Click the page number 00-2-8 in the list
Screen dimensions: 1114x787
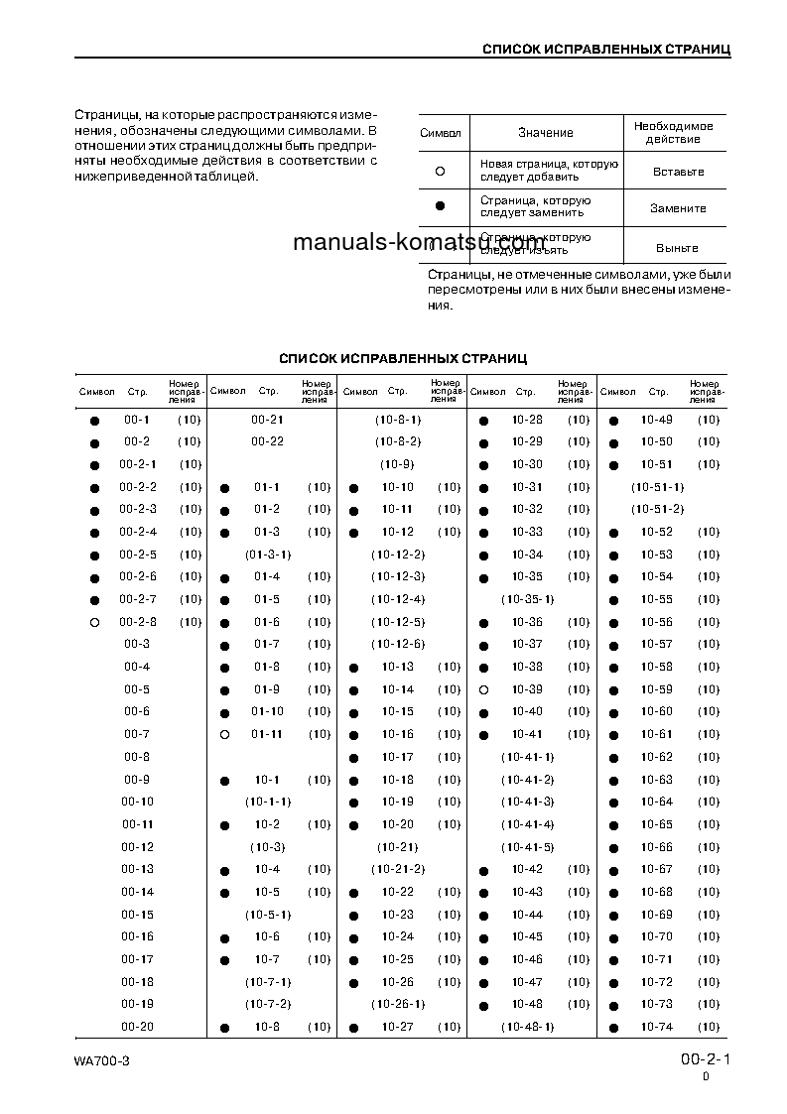(x=138, y=622)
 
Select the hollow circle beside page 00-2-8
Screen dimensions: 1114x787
(x=94, y=623)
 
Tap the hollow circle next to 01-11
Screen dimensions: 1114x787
(x=224, y=735)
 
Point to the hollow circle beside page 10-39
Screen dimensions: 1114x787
(x=483, y=689)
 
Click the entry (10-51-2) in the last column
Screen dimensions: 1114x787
(x=658, y=510)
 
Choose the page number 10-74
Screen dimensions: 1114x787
(x=656, y=1028)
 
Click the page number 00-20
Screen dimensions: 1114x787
(x=138, y=1028)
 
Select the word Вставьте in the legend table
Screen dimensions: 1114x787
(x=679, y=172)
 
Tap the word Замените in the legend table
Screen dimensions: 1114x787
(x=678, y=209)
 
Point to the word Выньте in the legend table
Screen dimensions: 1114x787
(x=677, y=248)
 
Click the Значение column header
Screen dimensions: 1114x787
(x=545, y=133)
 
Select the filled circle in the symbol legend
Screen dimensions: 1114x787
(x=440, y=207)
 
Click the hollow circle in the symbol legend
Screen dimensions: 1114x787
(x=440, y=171)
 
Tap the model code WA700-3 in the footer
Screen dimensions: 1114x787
(x=101, y=1061)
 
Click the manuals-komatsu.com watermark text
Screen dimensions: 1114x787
(x=419, y=243)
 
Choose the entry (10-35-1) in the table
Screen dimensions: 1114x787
(x=527, y=600)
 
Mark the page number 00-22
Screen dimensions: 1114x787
(x=267, y=442)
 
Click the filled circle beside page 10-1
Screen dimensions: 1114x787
(x=224, y=781)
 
